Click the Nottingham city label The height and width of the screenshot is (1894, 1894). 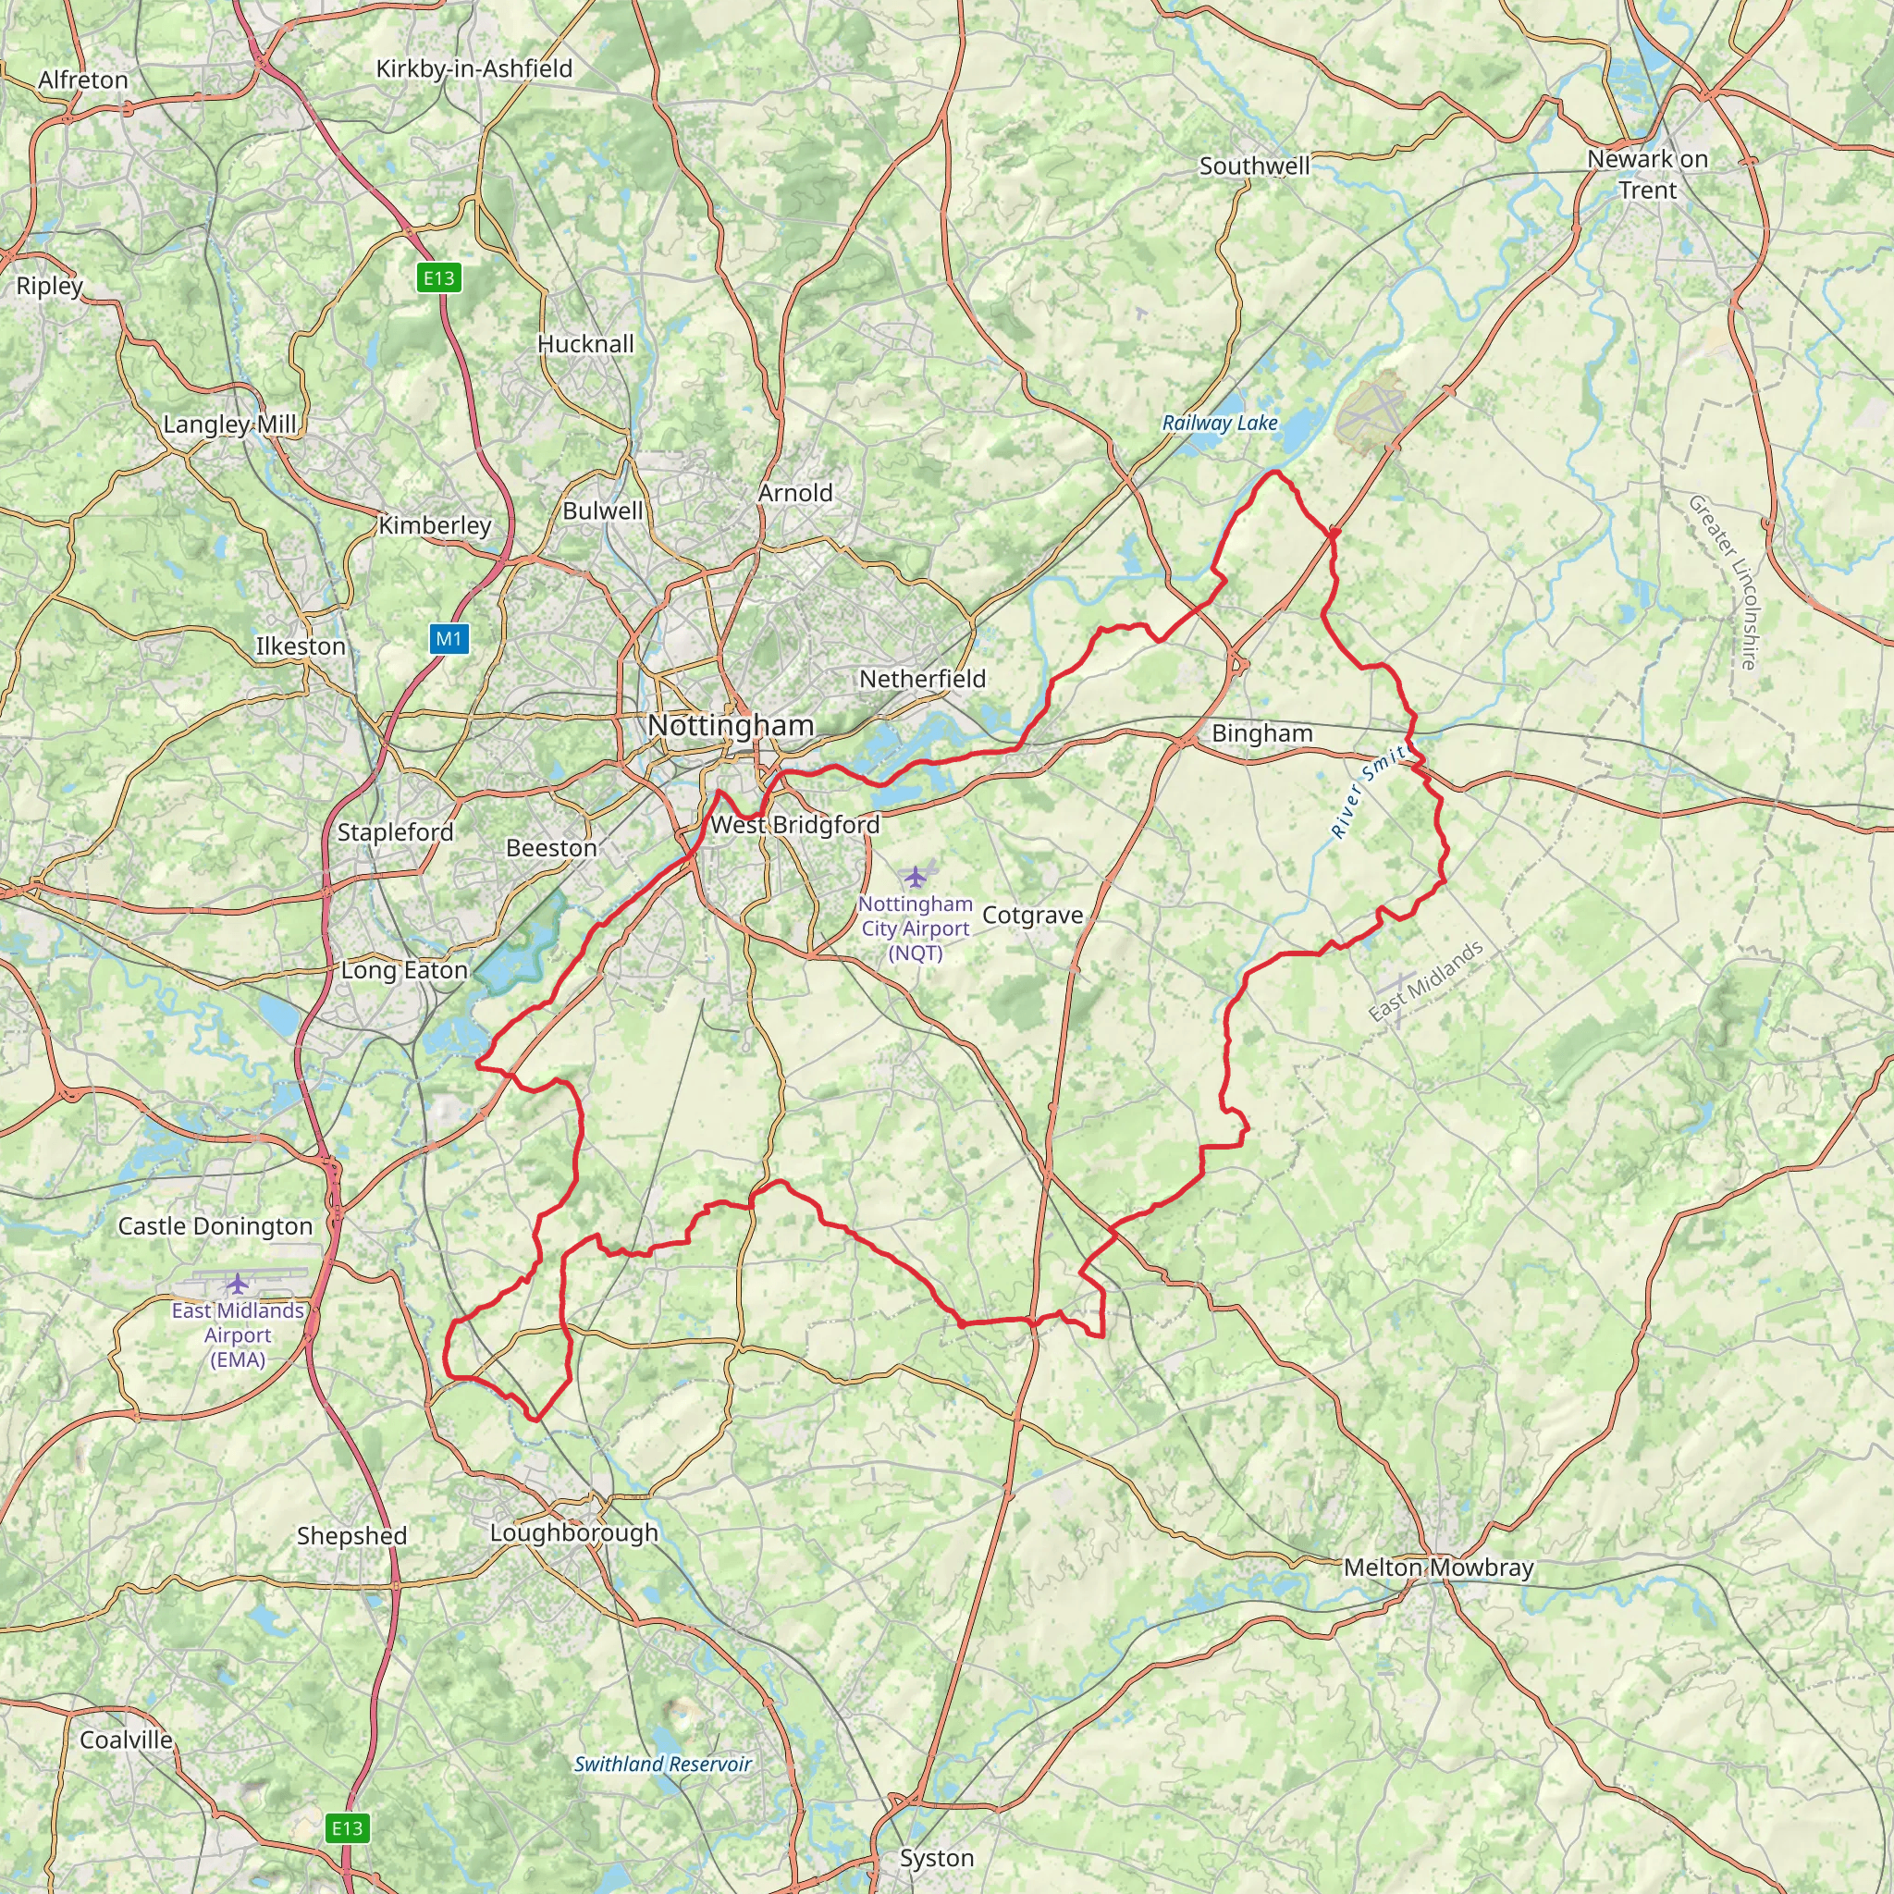click(731, 725)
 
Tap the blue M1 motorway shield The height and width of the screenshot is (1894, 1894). click(449, 639)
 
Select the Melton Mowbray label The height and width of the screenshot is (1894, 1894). click(1438, 1568)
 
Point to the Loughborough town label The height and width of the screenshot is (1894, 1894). click(573, 1532)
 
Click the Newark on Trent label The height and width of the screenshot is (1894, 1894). click(1647, 174)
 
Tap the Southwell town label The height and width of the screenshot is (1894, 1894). click(1254, 166)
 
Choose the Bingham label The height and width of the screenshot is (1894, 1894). click(1261, 733)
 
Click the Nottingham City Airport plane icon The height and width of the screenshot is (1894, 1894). click(915, 876)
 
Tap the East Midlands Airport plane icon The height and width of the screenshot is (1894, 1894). click(238, 1284)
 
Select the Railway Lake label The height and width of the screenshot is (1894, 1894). click(1220, 424)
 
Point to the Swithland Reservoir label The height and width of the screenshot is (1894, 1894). click(663, 1764)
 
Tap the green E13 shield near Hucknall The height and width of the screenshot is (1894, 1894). click(438, 278)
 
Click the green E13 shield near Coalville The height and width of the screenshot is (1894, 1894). click(347, 1828)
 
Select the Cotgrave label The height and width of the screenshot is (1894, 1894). click(1032, 915)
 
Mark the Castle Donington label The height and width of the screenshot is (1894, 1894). click(215, 1226)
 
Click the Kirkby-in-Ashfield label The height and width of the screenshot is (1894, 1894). click(473, 68)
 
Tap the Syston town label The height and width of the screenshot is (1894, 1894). click(936, 1858)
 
